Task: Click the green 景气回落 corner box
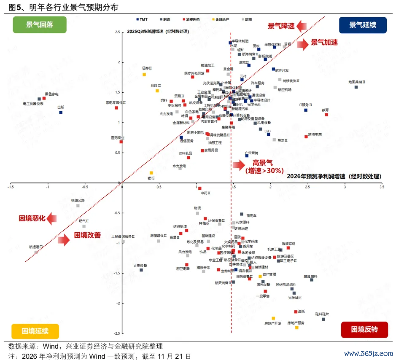click(x=40, y=24)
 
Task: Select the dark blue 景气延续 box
click(x=362, y=24)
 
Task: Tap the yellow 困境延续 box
click(x=35, y=330)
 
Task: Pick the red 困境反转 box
click(x=364, y=329)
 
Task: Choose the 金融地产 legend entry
click(x=221, y=19)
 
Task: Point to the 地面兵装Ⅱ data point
click(x=356, y=87)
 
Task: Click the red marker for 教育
click(x=326, y=114)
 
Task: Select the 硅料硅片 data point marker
click(x=323, y=319)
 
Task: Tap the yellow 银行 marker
click(x=151, y=173)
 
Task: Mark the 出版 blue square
click(x=61, y=113)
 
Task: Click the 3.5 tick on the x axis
click(x=381, y=186)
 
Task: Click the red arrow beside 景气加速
click(x=302, y=44)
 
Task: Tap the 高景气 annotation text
click(x=262, y=162)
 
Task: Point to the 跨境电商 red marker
click(x=306, y=137)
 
